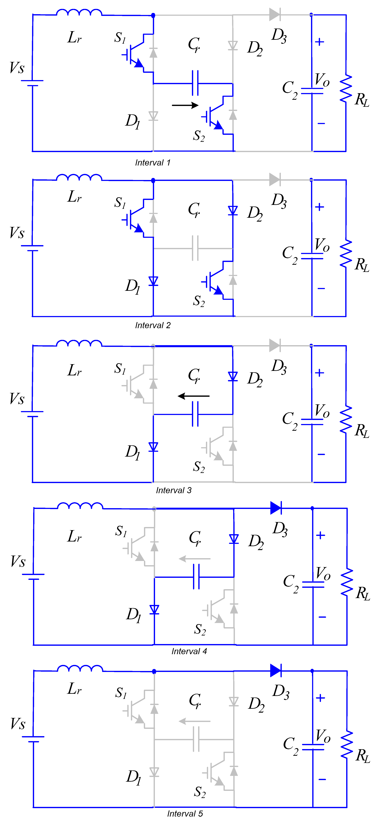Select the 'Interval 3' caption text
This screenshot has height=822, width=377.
(174, 490)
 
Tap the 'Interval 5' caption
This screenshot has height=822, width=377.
(185, 814)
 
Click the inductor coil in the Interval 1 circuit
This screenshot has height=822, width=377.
(79, 13)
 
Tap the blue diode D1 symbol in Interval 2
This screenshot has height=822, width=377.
(153, 281)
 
